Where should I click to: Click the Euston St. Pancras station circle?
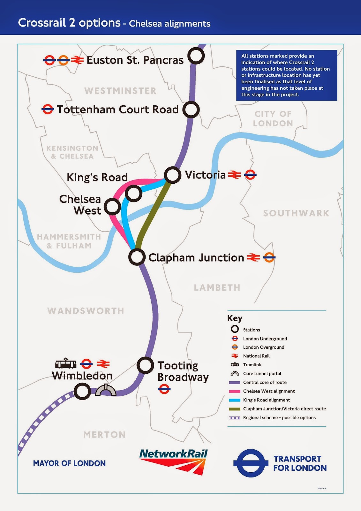196,56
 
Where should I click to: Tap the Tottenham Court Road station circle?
191,110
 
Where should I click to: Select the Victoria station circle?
173,175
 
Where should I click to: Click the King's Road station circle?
133,193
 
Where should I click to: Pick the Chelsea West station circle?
112,207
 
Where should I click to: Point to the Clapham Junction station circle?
137,257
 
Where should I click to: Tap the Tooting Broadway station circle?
145,365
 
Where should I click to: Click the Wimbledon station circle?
82,391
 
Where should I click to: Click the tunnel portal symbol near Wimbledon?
106,390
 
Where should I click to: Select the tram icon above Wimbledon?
66,363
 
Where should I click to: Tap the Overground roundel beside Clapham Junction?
269,257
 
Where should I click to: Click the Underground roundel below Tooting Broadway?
164,389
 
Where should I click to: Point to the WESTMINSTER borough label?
120,91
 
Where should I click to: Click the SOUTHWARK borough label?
296,213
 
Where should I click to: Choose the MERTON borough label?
104,435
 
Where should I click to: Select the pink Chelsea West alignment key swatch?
235,391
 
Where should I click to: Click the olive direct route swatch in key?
235,409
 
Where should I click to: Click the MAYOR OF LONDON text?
69,463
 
